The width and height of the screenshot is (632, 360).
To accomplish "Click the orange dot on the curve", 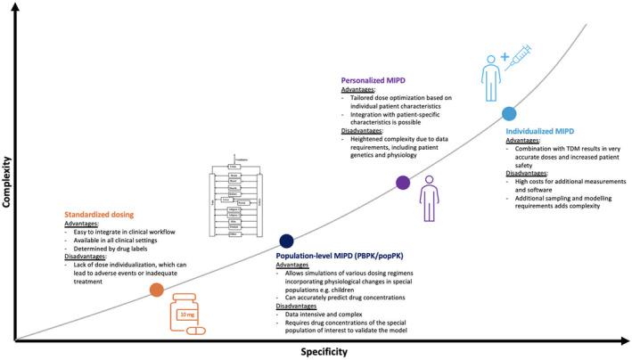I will click(156, 290).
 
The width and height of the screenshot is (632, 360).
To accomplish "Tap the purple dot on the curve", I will click(403, 183).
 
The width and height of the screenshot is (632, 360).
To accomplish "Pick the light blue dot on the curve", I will click(509, 114).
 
